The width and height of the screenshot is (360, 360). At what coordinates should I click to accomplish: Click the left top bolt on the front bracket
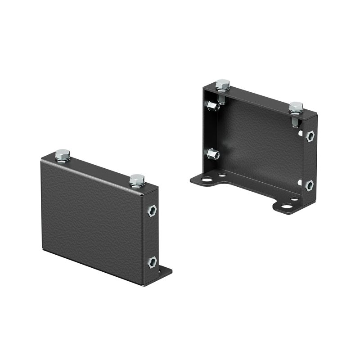pos(63,155)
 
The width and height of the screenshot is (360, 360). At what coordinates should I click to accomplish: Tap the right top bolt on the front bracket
pos(137,180)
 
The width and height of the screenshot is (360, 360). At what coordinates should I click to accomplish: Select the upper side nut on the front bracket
pos(152,211)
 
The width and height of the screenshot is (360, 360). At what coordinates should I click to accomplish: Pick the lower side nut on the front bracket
pos(152,262)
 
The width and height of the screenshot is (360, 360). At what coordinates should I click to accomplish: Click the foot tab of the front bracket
pos(165,272)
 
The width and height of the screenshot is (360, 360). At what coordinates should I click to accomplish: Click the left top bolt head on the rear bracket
pos(222,85)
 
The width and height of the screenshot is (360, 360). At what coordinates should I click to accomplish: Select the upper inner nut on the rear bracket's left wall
pos(212,106)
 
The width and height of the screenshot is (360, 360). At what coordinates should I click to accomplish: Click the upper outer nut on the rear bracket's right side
pos(310,136)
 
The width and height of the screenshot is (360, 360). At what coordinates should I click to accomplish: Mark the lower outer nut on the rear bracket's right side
pos(309,185)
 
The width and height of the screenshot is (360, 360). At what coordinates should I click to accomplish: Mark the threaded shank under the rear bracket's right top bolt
pos(295,121)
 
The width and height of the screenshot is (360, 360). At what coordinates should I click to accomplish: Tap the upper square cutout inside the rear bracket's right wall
pos(300,133)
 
